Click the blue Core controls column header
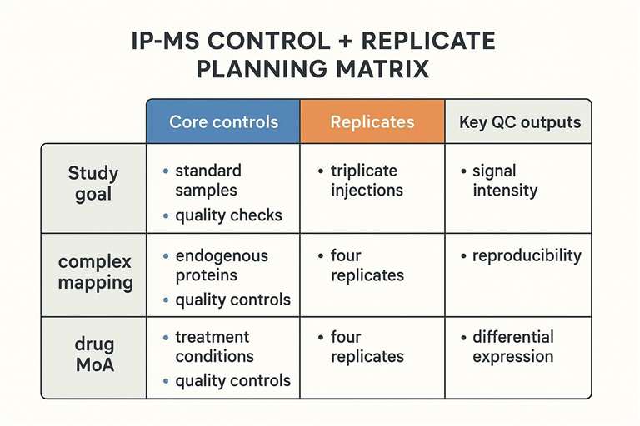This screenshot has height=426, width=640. click(223, 121)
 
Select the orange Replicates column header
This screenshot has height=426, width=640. click(372, 121)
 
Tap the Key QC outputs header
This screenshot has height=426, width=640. click(519, 121)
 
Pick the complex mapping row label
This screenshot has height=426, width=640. click(95, 272)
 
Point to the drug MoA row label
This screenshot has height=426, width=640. click(93, 355)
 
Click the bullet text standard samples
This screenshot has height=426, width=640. click(208, 180)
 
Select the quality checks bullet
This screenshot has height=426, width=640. click(228, 215)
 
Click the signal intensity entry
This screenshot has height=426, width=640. click(505, 180)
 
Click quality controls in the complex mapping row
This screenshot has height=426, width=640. click(232, 300)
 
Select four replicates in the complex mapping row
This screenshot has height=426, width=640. click(367, 265)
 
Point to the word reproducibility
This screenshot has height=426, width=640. click(527, 255)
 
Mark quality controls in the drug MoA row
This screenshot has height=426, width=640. click(232, 381)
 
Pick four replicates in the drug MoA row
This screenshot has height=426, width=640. click(367, 346)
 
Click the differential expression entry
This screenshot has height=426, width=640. click(512, 346)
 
